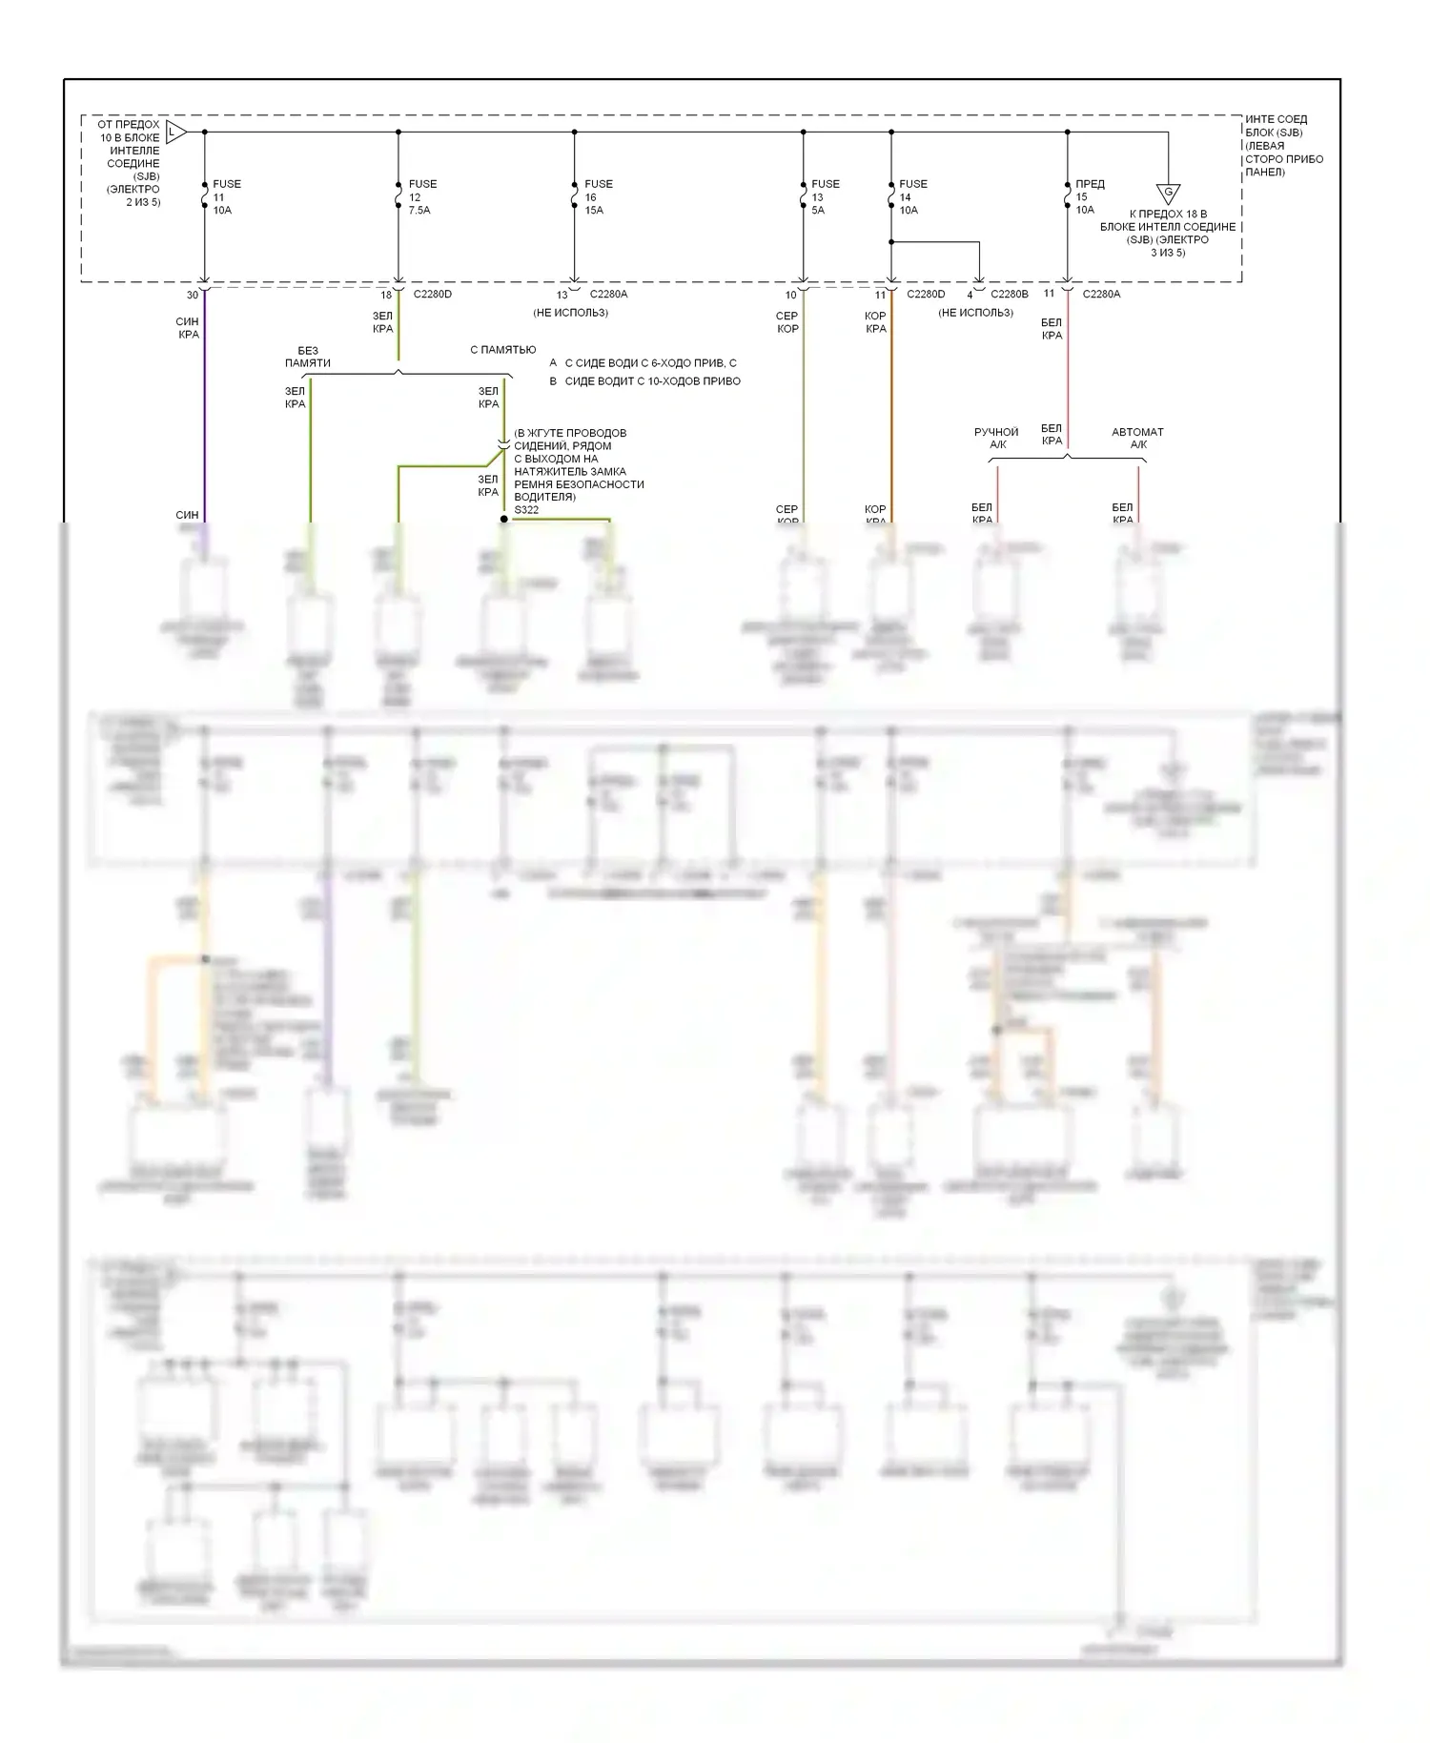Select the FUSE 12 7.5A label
421,197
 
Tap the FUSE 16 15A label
598,197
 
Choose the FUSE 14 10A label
912,197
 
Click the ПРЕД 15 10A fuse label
1089,197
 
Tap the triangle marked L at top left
174,132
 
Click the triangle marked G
1168,194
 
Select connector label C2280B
1010,295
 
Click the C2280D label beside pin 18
433,295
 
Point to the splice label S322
526,510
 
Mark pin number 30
193,296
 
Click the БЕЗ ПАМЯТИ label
307,357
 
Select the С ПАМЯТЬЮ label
502,350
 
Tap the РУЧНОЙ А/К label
996,439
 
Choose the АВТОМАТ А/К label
1137,439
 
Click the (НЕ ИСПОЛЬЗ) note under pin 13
570,313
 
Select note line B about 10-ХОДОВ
645,381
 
